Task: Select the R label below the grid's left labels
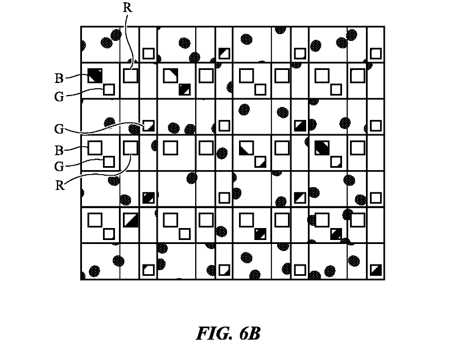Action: [x=60, y=185]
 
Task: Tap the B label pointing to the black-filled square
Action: [x=59, y=78]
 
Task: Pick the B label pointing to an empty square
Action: [x=59, y=150]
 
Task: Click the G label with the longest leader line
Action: [x=59, y=129]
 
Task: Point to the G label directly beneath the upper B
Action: [x=59, y=97]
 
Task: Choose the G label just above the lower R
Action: [x=59, y=167]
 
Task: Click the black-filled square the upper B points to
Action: [x=94, y=75]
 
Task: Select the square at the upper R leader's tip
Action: [x=131, y=75]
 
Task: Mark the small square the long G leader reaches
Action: [x=149, y=125]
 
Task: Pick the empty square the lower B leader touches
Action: [x=94, y=147]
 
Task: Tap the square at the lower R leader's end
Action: [x=131, y=147]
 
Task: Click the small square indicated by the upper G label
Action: [x=109, y=89]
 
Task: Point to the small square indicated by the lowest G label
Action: [x=109, y=162]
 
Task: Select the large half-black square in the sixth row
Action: [x=131, y=220]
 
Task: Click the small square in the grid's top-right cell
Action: [x=376, y=53]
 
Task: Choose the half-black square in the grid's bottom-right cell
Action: [x=376, y=270]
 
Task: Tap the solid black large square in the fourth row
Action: [x=322, y=147]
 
